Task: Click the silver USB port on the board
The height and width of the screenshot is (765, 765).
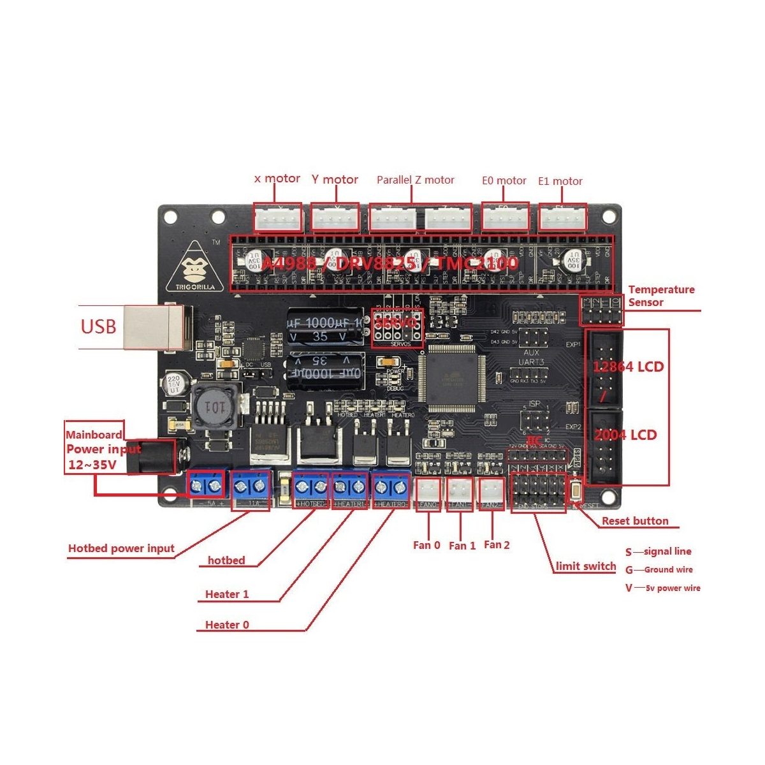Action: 153,327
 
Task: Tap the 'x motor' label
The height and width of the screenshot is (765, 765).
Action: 277,178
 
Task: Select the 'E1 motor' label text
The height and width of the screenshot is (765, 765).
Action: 560,181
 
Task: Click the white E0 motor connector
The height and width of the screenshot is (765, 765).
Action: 505,217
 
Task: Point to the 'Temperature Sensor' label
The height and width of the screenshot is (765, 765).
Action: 660,296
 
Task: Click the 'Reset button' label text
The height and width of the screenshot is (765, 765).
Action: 635,521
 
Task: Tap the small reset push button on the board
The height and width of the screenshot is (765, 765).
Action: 576,491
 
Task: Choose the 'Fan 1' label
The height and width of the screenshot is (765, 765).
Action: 462,546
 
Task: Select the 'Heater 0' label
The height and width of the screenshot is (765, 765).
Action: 227,625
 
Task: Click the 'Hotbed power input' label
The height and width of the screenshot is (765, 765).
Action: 121,548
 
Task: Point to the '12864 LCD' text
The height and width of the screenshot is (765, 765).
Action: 628,367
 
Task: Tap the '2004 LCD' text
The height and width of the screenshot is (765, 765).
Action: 625,435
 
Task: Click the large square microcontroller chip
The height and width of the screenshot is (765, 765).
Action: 451,378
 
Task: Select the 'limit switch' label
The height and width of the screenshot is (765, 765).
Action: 585,566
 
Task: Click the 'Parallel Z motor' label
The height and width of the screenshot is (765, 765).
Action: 415,180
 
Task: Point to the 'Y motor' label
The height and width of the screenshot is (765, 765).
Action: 335,179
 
